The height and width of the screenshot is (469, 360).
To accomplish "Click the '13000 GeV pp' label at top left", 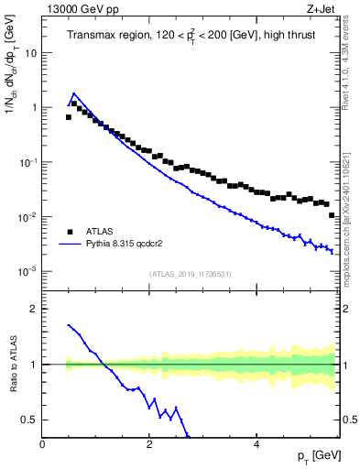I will [x=80, y=10].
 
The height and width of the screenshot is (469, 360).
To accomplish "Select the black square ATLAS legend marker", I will [x=70, y=233].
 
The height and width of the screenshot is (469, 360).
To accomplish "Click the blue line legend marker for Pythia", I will [x=70, y=245].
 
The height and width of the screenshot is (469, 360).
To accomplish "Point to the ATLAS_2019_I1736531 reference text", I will [x=190, y=274].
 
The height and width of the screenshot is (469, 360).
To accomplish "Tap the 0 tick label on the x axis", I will [x=43, y=444].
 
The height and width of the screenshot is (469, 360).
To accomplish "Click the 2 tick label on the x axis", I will [x=148, y=444].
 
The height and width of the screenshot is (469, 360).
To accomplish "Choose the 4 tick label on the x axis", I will [x=256, y=444].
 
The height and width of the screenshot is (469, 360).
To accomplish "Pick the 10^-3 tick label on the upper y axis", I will [x=28, y=272].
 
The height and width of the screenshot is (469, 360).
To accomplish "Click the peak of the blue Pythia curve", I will [x=74, y=93].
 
